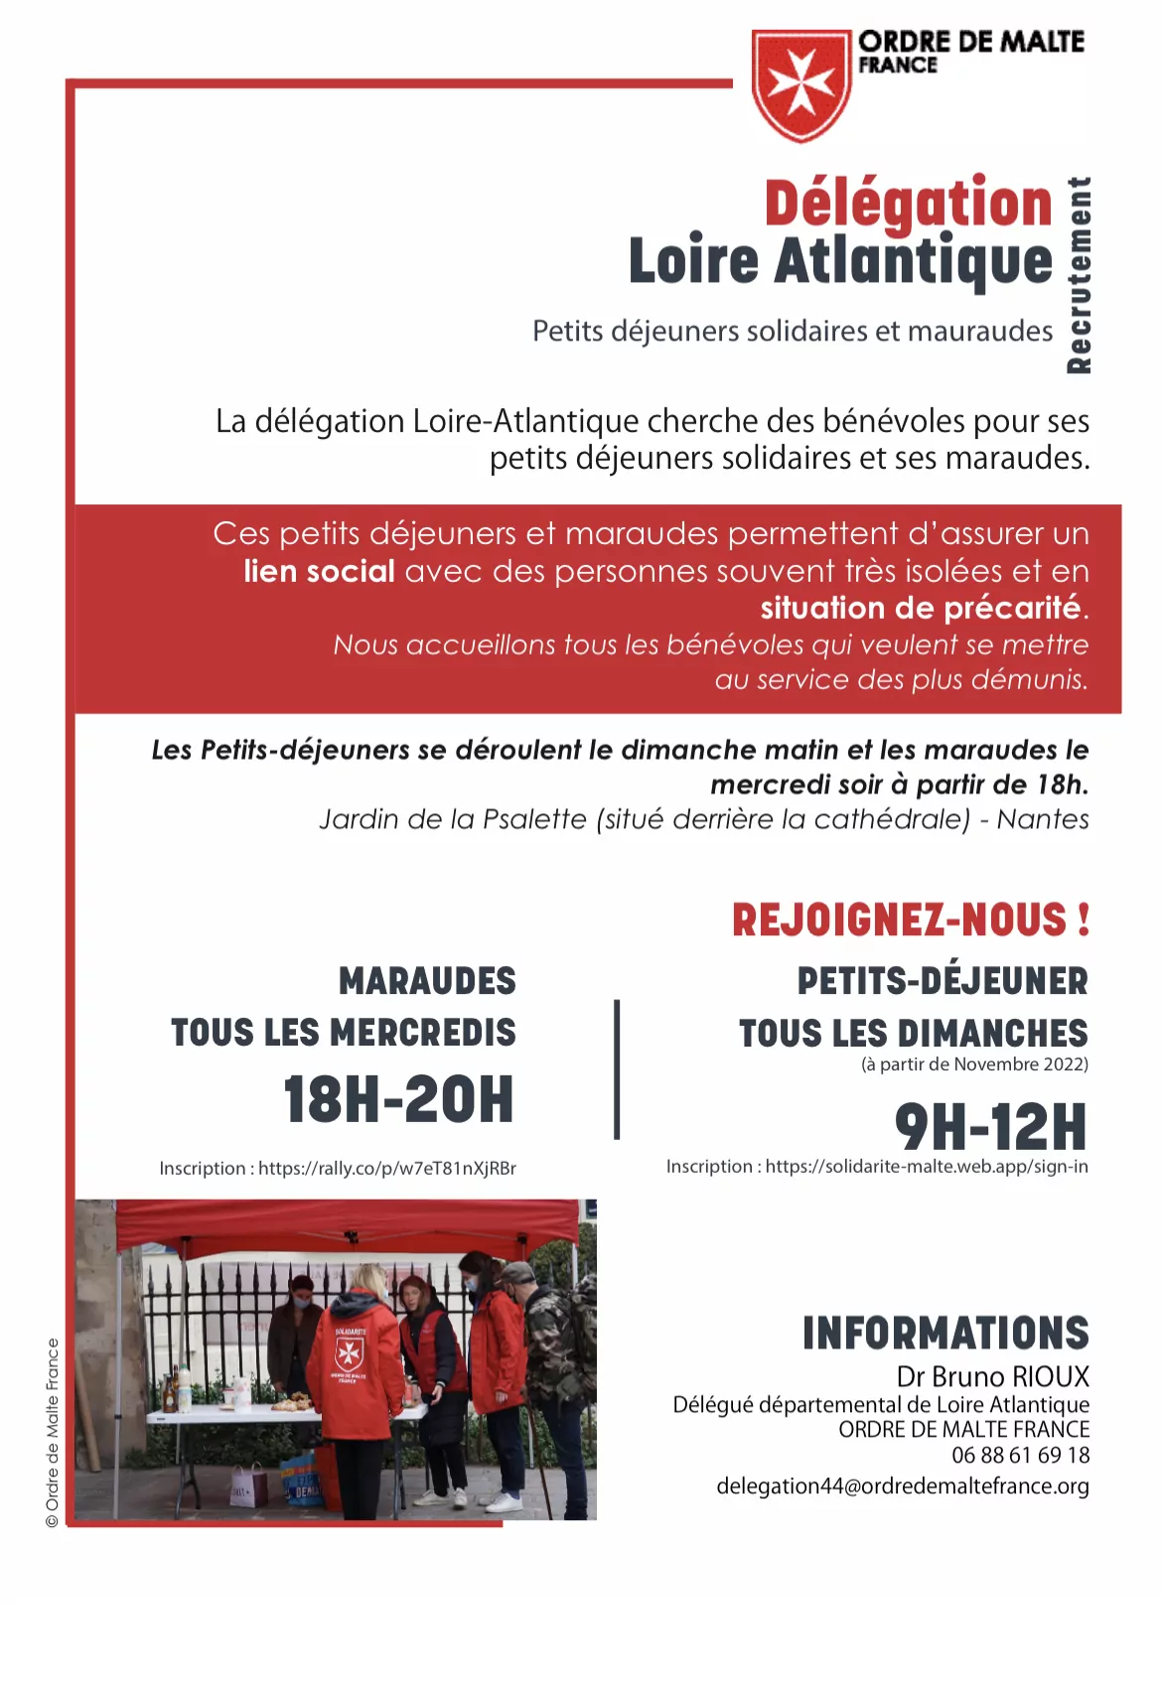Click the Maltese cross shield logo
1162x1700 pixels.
pyautogui.click(x=800, y=84)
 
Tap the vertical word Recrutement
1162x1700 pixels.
pyautogui.click(x=1079, y=275)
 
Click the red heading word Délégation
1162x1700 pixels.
pyautogui.click(x=908, y=204)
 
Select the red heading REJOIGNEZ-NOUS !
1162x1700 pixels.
pyautogui.click(x=911, y=920)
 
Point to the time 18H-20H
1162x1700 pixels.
pyautogui.click(x=398, y=1099)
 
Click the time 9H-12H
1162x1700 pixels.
pyautogui.click(x=990, y=1126)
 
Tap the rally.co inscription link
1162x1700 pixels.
pyautogui.click(x=387, y=1169)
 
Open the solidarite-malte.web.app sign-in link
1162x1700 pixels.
pyautogui.click(x=927, y=1167)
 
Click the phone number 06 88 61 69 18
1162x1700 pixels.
pyautogui.click(x=1020, y=1456)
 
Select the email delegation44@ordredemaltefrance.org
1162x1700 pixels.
pyautogui.click(x=903, y=1487)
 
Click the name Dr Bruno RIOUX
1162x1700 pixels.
pyautogui.click(x=992, y=1377)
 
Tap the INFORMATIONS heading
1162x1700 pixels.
pyautogui.click(x=945, y=1334)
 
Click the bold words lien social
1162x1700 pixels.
pyautogui.click(x=319, y=572)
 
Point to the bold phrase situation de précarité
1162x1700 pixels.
pyautogui.click(x=921, y=608)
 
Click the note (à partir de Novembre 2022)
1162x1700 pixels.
pyautogui.click(x=974, y=1064)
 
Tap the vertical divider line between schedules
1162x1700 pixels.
pyautogui.click(x=617, y=1068)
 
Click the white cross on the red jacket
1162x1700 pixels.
pyautogui.click(x=349, y=1351)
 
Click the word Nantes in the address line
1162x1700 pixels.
pyautogui.click(x=1043, y=819)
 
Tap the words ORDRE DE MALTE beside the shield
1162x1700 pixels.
pyautogui.click(x=970, y=42)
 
